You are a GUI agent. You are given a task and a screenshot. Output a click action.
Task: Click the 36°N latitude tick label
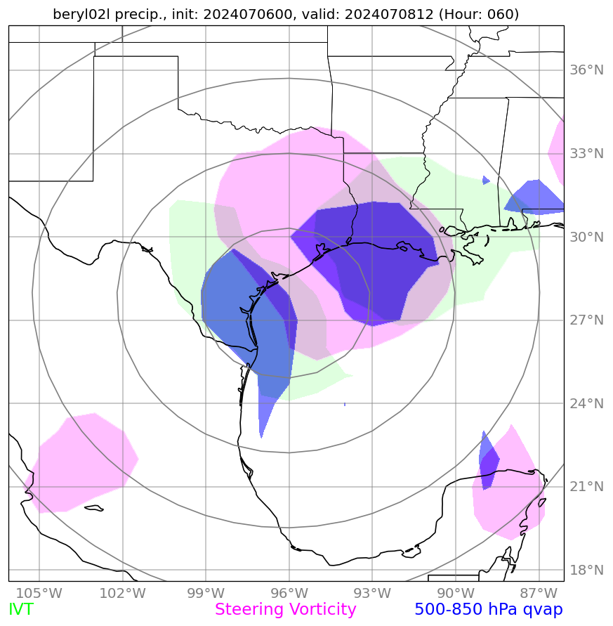pos(586,70)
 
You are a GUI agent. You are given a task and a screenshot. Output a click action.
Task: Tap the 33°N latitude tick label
pos(586,154)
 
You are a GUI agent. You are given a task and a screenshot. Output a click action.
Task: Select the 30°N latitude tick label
pos(586,237)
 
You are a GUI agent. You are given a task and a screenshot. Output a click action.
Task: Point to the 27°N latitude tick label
pos(586,320)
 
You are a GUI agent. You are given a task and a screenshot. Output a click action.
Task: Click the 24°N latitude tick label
pos(586,404)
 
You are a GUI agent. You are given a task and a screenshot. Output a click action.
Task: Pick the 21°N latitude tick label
pos(586,487)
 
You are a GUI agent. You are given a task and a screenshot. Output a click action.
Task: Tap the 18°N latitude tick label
pos(586,570)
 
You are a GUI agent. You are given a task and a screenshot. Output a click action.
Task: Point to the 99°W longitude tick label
pos(206,592)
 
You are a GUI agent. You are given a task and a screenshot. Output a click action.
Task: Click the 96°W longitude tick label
pos(289,592)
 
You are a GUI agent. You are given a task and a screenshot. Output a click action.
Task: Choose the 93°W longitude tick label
pos(372,592)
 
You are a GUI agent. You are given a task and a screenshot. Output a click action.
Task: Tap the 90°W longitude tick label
pos(455,592)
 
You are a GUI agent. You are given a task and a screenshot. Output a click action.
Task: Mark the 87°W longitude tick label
pos(539,592)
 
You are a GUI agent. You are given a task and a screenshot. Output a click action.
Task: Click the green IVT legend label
pos(20,610)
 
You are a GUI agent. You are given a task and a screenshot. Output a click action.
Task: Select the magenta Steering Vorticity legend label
pos(286,610)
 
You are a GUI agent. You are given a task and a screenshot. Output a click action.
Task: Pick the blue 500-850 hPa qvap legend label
pos(489,610)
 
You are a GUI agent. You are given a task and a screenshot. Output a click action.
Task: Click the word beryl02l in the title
pos(79,14)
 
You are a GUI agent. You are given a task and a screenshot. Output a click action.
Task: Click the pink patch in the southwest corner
pos(81,464)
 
